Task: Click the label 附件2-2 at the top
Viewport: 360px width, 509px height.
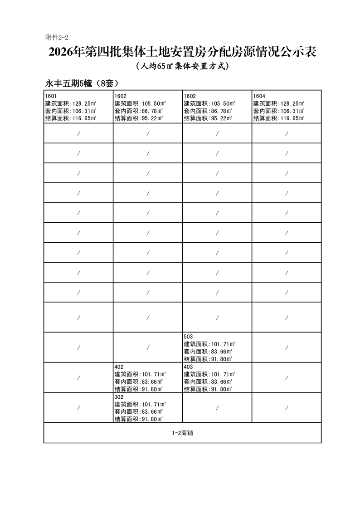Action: tap(56, 37)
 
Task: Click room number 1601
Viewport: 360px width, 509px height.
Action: tap(51, 96)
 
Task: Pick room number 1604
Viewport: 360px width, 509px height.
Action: tap(259, 96)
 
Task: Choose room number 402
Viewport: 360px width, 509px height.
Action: tap(119, 367)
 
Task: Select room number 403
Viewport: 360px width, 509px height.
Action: tap(189, 367)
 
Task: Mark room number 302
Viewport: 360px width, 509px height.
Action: tap(119, 396)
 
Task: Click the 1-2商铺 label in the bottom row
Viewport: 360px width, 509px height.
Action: tap(182, 433)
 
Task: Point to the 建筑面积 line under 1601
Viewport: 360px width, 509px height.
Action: tap(71, 103)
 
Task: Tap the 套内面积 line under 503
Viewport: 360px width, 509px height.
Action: tap(208, 352)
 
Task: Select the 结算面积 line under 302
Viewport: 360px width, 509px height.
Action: tap(139, 419)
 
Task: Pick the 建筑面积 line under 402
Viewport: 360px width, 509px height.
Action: tap(140, 374)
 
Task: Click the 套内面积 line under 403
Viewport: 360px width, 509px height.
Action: tap(208, 382)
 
